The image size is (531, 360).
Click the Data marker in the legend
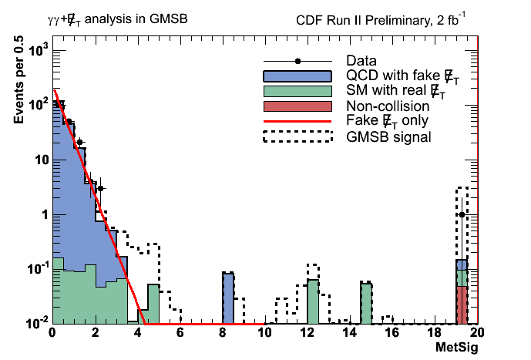(297, 61)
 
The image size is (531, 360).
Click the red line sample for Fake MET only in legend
(297, 121)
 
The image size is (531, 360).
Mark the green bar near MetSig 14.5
(366, 303)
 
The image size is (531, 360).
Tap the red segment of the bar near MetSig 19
(462, 304)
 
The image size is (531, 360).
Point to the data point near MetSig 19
(462, 214)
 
